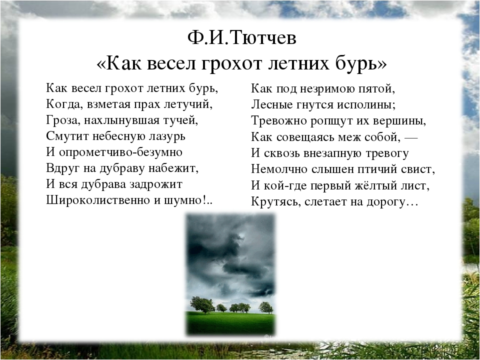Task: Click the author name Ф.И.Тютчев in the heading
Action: coord(242,38)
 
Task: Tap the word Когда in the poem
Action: coord(64,104)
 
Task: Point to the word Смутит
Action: coord(67,136)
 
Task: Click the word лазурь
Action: coord(167,136)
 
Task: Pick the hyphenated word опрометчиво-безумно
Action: coord(120,152)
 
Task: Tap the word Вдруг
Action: coord(62,168)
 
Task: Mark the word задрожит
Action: coord(156,184)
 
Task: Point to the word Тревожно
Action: coord(278,121)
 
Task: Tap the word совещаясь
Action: coord(306,137)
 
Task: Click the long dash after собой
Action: coord(411,138)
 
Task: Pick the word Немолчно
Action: coord(279,169)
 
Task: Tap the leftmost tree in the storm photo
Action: coord(202,304)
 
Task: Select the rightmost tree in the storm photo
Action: coord(265,307)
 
